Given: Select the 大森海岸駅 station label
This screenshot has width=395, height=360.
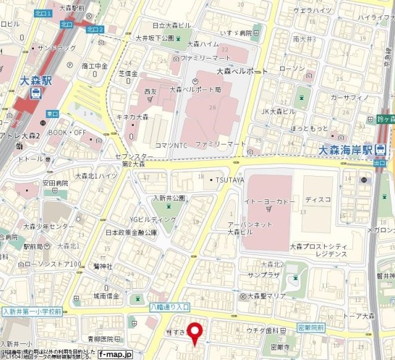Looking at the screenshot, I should [346, 150].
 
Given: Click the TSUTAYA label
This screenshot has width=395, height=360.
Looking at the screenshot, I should [229, 180].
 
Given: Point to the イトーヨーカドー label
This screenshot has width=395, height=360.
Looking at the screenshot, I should [266, 201].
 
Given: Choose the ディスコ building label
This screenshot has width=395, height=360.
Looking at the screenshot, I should [318, 199].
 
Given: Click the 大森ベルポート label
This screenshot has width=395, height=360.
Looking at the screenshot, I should [242, 72].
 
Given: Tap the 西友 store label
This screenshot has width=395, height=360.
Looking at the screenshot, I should [151, 91].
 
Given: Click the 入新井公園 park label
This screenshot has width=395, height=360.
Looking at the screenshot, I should [169, 198].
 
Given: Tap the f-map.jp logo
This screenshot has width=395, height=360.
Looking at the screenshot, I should [115, 354].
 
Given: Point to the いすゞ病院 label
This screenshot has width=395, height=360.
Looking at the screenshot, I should [237, 33].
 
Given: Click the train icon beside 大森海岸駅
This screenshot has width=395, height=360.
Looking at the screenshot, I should [381, 150].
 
